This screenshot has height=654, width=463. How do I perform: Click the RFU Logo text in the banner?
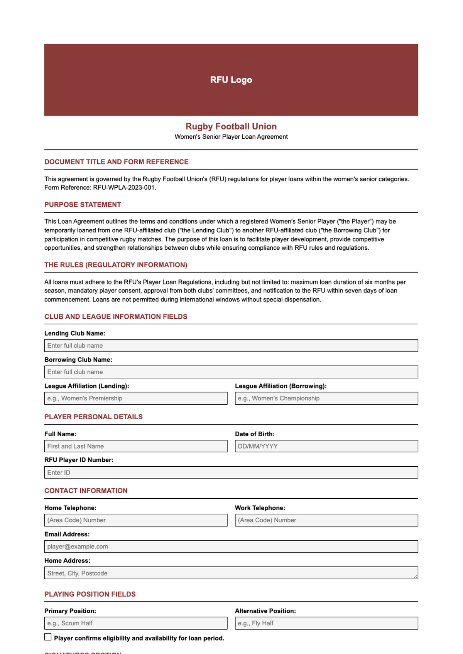pyautogui.click(x=231, y=80)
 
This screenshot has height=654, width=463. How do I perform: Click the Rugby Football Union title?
pyautogui.click(x=231, y=126)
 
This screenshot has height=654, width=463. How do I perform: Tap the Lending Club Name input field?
pyautogui.click(x=231, y=346)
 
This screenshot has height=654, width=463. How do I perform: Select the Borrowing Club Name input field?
pyautogui.click(x=231, y=372)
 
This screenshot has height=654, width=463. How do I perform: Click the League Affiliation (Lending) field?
pyautogui.click(x=136, y=398)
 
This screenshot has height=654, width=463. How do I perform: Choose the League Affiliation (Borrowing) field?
pyautogui.click(x=326, y=398)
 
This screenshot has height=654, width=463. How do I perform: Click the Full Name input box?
pyautogui.click(x=136, y=446)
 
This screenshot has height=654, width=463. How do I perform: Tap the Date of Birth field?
pyautogui.click(x=326, y=446)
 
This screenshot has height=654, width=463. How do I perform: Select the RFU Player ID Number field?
pyautogui.click(x=231, y=472)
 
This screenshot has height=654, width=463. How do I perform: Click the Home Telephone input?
pyautogui.click(x=136, y=520)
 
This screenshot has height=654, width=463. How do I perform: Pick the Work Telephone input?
pyautogui.click(x=326, y=520)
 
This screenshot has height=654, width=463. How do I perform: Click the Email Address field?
pyautogui.click(x=231, y=546)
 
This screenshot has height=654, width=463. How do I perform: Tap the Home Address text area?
pyautogui.click(x=231, y=573)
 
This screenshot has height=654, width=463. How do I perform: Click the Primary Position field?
pyautogui.click(x=136, y=623)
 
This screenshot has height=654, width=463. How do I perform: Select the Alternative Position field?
pyautogui.click(x=326, y=623)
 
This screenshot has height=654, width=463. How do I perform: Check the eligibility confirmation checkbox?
pyautogui.click(x=48, y=637)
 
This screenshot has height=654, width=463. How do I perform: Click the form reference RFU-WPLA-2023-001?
pyautogui.click(x=124, y=188)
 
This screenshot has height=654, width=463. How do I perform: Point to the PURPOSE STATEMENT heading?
pyautogui.click(x=83, y=205)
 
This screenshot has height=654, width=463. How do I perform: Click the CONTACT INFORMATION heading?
pyautogui.click(x=86, y=491)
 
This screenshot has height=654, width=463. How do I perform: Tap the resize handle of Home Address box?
pyautogui.click(x=416, y=577)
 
